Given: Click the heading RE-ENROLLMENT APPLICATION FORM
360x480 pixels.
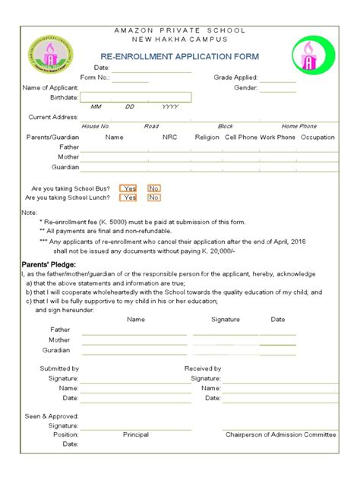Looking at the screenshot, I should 180,57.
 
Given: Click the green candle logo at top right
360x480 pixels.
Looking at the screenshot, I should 312,56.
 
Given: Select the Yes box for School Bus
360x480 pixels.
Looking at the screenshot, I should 128,188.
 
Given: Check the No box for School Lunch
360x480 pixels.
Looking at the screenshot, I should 154,197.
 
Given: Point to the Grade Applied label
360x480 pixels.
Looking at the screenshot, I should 235,77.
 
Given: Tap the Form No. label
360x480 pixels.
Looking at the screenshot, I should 95,77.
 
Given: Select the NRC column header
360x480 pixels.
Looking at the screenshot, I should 169,137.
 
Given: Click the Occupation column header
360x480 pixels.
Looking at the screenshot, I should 317,137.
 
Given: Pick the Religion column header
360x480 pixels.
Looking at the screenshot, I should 207,137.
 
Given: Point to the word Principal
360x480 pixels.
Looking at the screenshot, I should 135,434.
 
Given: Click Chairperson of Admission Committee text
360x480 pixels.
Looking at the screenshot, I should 280,434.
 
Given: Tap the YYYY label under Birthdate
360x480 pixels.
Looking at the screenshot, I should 169,107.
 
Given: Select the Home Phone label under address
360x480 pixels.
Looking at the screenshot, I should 298,126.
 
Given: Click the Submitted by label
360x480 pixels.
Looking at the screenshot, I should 59,368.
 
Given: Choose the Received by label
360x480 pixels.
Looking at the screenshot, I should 203,368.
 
